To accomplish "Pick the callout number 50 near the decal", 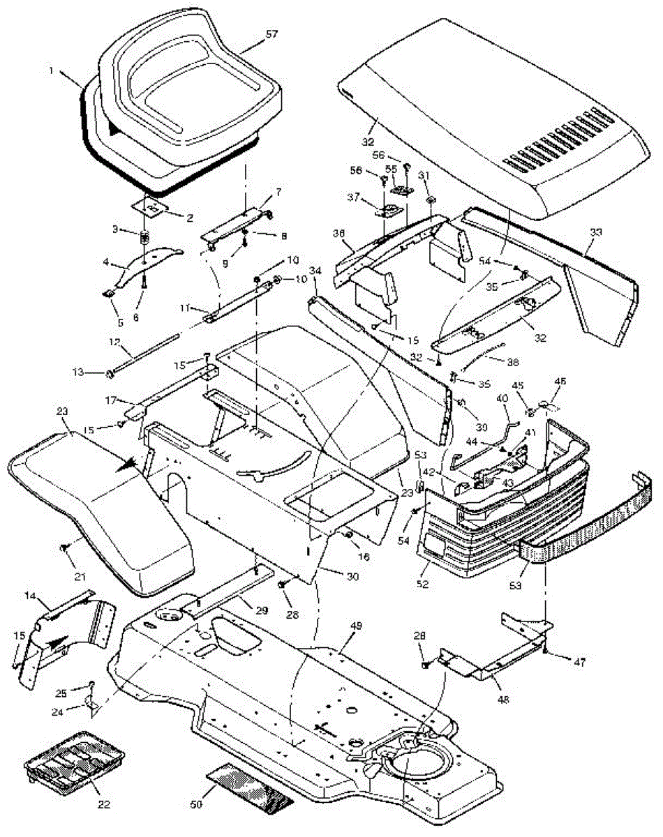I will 196,804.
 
